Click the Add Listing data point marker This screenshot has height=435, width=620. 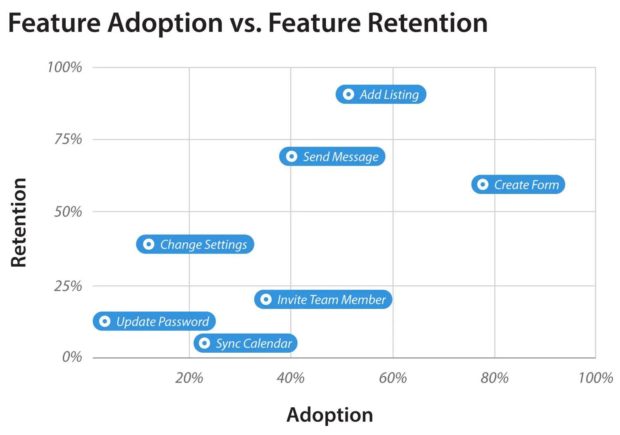tap(348, 94)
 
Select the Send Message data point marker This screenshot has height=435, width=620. tap(291, 156)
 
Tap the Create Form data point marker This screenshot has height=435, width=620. tap(482, 184)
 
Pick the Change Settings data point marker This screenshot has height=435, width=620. tap(149, 244)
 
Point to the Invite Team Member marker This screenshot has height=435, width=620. tap(266, 299)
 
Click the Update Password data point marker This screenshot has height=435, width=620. tap(105, 321)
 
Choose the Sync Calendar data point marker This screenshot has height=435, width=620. tap(204, 343)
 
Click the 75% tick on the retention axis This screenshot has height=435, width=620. tap(68, 139)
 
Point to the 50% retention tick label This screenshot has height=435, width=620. tap(68, 212)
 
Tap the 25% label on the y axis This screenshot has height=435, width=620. tap(68, 286)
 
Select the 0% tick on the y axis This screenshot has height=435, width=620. tap(72, 357)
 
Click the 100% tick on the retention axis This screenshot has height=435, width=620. tap(64, 67)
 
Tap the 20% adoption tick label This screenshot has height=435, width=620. tap(189, 378)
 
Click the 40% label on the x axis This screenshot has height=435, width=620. tap(291, 378)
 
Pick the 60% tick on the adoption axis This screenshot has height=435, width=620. tap(393, 378)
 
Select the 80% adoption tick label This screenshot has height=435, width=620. tap(494, 378)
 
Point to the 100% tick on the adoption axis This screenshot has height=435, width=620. tap(595, 378)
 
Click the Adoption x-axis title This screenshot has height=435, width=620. tap(329, 415)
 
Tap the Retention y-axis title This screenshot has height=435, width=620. tap(19, 222)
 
